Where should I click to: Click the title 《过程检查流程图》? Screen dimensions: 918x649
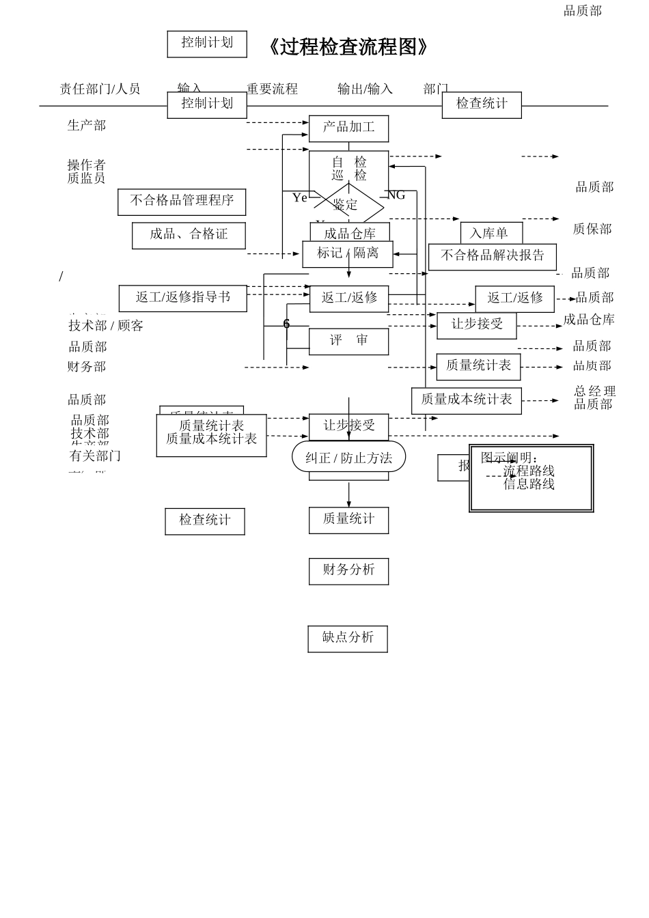[x=348, y=47]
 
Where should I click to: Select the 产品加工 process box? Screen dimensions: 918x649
[x=348, y=128]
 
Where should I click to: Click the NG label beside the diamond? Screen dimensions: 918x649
[x=396, y=195]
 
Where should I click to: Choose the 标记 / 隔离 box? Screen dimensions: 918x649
[x=348, y=253]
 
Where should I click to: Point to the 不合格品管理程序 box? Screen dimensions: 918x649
[x=182, y=201]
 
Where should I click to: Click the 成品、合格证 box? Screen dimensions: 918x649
[x=189, y=235]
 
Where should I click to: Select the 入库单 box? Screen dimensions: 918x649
[x=491, y=234]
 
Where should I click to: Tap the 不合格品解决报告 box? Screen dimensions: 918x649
[x=492, y=256]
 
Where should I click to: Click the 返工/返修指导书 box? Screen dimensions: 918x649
[x=182, y=298]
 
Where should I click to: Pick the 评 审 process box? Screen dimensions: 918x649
[x=348, y=341]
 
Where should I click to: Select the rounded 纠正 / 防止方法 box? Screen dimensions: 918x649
[x=348, y=458]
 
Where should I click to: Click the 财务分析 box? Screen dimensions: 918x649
[x=348, y=570]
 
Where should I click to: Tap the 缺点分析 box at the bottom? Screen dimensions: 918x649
[x=348, y=638]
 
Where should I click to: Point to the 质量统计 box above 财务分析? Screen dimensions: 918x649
[x=348, y=520]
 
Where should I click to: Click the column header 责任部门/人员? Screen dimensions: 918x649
[x=100, y=89]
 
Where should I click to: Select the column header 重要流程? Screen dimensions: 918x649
[x=272, y=89]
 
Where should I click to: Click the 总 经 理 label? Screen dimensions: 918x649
[x=594, y=391]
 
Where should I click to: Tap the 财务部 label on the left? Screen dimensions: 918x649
[x=87, y=367]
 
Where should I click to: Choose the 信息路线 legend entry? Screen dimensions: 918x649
[x=529, y=484]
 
